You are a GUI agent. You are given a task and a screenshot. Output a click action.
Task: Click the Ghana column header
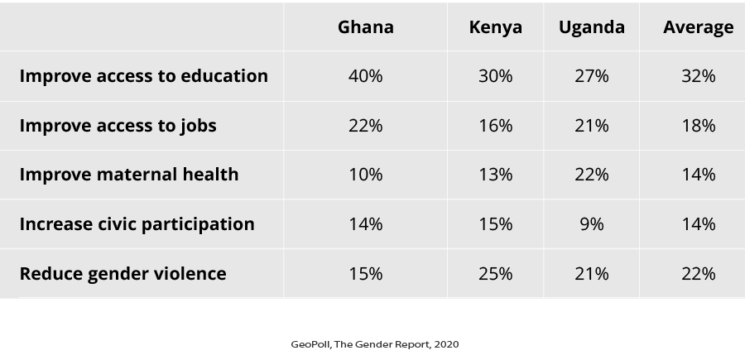click(365, 26)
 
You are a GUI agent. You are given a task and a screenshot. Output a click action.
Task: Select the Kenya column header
click(495, 26)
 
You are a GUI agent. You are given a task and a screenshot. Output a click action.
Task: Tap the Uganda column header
click(591, 26)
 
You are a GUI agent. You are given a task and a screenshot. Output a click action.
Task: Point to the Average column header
click(698, 26)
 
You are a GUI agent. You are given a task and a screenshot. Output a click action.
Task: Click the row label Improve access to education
click(143, 75)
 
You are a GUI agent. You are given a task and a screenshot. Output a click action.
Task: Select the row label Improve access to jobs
click(118, 125)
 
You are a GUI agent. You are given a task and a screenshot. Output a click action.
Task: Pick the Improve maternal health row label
click(128, 174)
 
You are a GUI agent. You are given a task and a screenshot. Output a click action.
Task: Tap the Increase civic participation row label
click(137, 223)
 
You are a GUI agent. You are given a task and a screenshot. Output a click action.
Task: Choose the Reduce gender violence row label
click(123, 273)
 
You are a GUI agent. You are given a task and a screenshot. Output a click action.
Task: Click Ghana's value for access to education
click(365, 75)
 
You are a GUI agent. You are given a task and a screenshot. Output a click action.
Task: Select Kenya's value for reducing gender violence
click(495, 273)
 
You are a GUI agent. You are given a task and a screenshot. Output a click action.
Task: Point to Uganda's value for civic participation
click(591, 223)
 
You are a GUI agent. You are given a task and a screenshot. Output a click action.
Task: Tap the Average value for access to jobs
click(698, 125)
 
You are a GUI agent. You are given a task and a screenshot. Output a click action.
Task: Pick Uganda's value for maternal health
click(591, 174)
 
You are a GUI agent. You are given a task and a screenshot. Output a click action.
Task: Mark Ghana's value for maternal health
click(365, 174)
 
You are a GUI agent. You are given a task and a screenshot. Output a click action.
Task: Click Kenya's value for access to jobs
click(495, 125)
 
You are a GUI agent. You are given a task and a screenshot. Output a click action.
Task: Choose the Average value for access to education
click(698, 75)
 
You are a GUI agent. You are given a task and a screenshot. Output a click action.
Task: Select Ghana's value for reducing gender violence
click(365, 273)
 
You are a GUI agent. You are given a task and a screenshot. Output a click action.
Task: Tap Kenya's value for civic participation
click(495, 223)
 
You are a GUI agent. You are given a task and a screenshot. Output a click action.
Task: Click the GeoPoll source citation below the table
click(374, 343)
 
